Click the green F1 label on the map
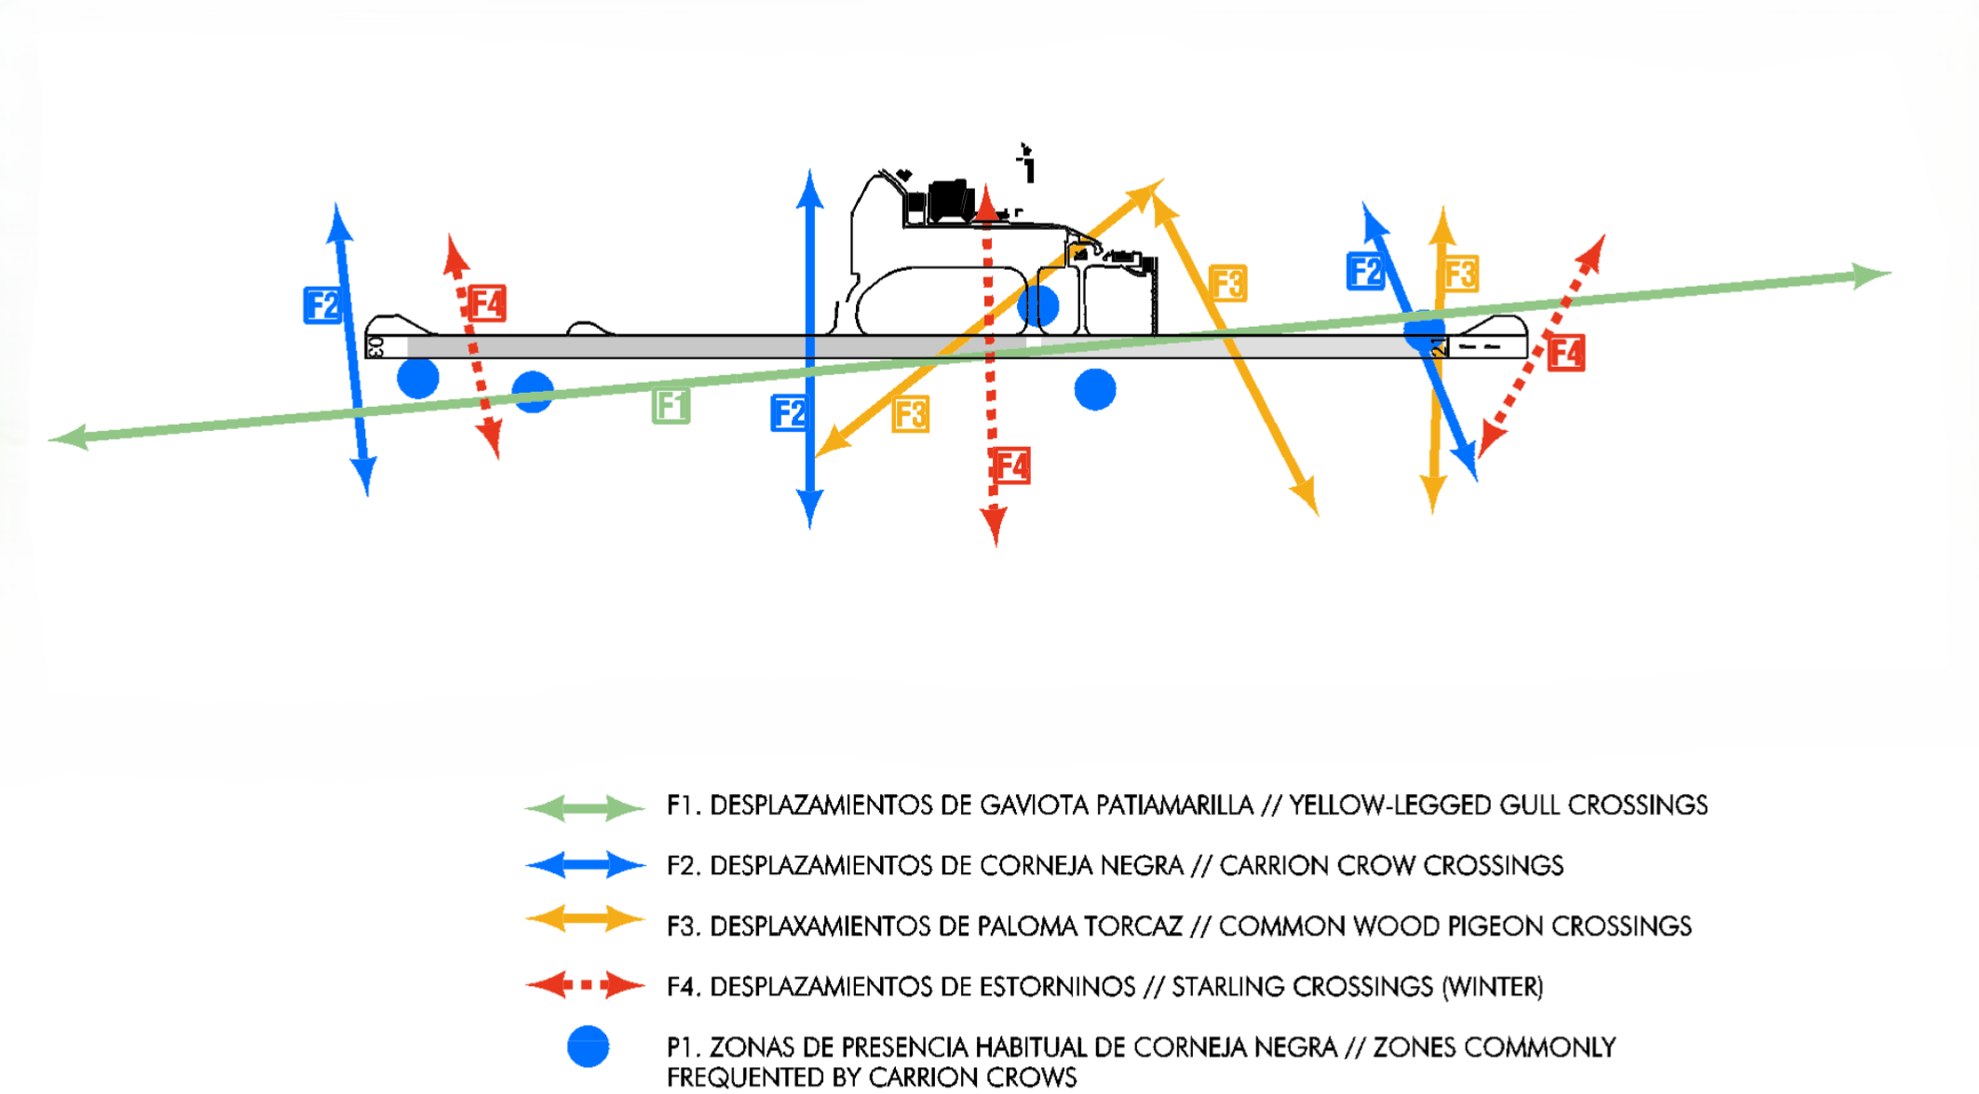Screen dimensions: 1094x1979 click(x=671, y=407)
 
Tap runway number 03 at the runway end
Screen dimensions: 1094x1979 click(x=375, y=347)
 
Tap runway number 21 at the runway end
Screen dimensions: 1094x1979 click(x=1439, y=347)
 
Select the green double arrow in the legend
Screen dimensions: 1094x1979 click(x=585, y=807)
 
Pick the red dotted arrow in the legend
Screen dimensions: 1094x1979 click(x=585, y=984)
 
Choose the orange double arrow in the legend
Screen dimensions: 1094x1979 click(x=585, y=921)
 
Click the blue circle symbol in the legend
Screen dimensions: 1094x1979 click(x=589, y=1047)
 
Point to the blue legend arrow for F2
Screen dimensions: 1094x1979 click(x=585, y=865)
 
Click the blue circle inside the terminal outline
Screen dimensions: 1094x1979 click(x=1038, y=304)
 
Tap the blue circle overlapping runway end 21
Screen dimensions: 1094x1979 click(x=1424, y=331)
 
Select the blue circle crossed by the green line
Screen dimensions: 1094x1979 click(x=533, y=392)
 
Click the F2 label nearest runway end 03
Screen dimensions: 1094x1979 click(x=322, y=305)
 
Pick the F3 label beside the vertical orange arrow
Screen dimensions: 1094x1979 click(x=1460, y=274)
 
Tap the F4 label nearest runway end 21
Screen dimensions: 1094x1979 click(x=1566, y=353)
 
